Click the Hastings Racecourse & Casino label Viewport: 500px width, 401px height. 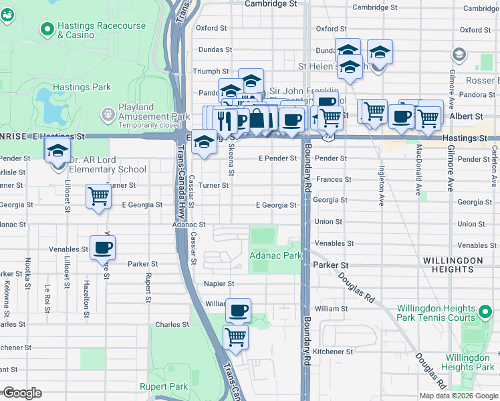tap(101, 30)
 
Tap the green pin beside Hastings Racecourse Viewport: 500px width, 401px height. tap(47, 29)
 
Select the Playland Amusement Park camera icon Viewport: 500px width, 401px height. tap(108, 116)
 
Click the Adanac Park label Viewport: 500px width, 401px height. tap(275, 255)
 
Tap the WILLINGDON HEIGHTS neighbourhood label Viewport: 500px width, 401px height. tap(453, 265)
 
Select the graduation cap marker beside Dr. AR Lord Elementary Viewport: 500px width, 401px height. tap(58, 150)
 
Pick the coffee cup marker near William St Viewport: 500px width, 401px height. tap(238, 310)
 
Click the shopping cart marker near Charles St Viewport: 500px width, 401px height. tap(236, 336)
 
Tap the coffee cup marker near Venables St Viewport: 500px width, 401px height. tap(102, 247)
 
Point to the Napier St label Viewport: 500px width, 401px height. tap(219, 284)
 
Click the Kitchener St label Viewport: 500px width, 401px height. tap(334, 352)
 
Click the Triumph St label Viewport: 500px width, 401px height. tap(211, 72)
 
